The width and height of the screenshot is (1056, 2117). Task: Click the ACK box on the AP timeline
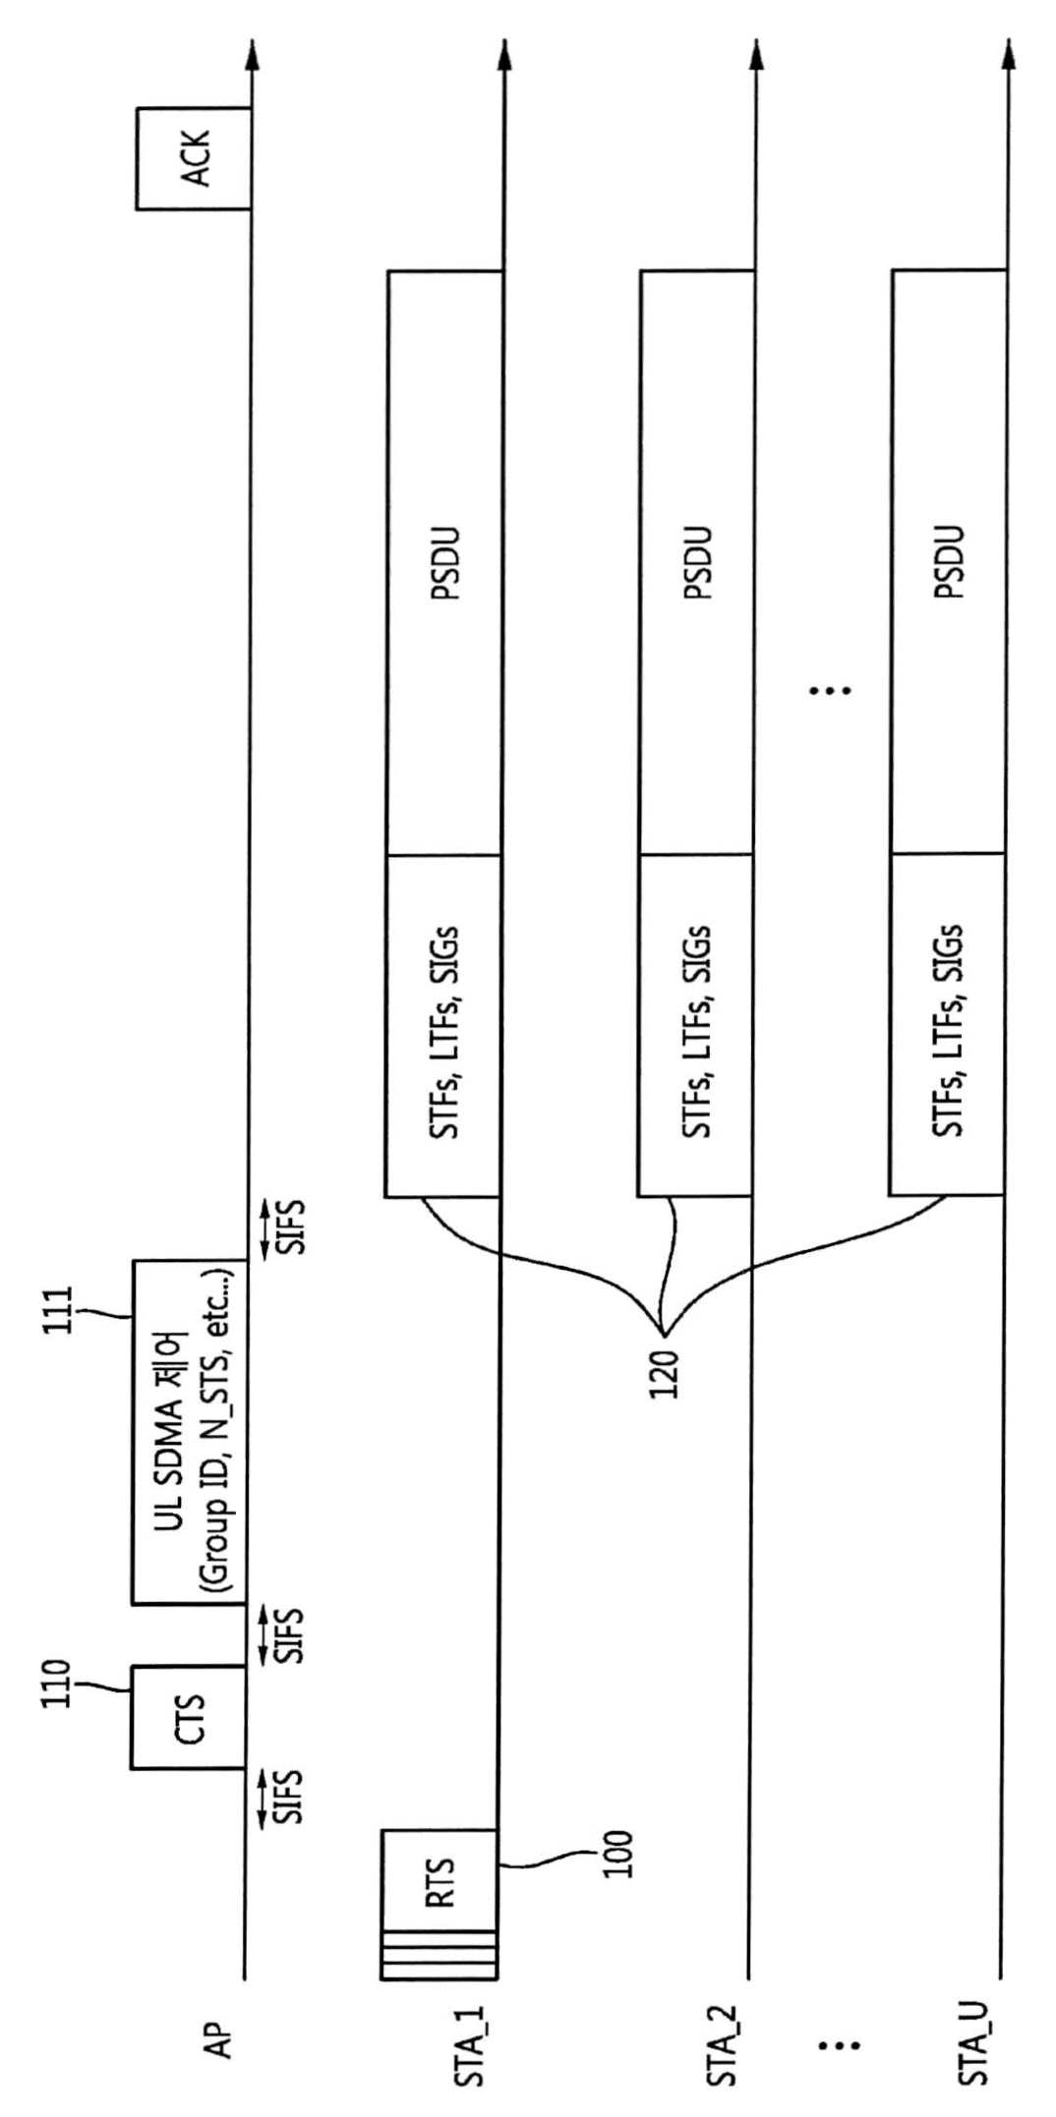click(194, 158)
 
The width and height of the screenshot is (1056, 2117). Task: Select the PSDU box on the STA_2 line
click(697, 562)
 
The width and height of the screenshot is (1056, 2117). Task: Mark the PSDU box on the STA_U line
click(949, 562)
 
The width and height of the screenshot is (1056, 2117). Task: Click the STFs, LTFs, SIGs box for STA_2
click(695, 1025)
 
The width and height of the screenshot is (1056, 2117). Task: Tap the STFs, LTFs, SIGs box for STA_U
click(947, 1024)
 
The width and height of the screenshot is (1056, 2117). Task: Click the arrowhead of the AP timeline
click(251, 54)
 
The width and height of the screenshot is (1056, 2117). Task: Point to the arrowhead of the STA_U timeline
click(1007, 54)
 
